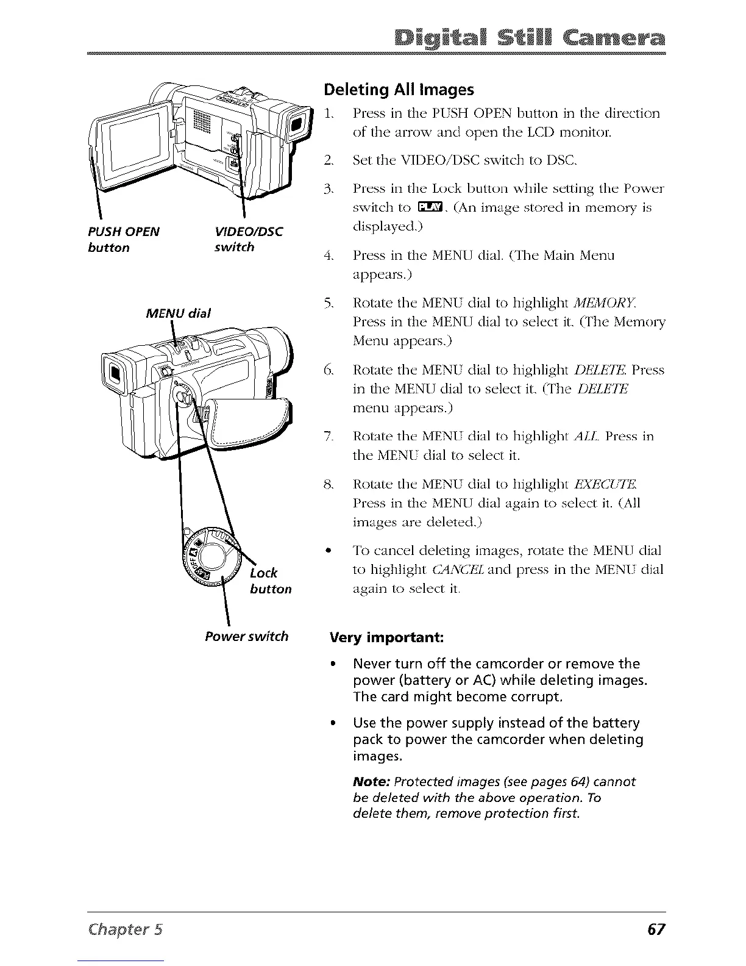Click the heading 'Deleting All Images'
(399, 90)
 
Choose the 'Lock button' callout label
(271, 581)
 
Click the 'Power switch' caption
(246, 637)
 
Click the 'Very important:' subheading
(386, 638)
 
